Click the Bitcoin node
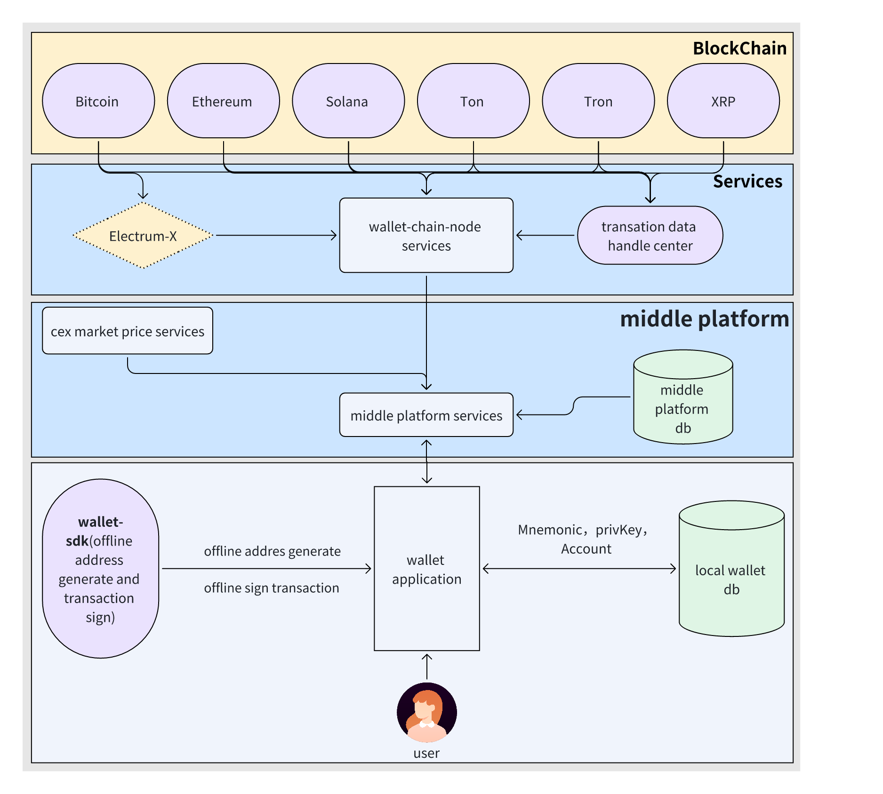[x=98, y=101]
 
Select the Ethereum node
[x=224, y=101]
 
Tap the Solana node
[x=348, y=101]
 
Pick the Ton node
[x=474, y=101]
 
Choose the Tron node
[x=598, y=101]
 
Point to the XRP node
[x=723, y=101]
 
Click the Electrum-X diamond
[x=143, y=235]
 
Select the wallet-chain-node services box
[x=426, y=235]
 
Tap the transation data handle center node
[x=650, y=235]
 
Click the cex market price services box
[x=128, y=331]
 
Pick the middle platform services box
[x=426, y=415]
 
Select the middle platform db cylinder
[x=683, y=397]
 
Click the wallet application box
[x=427, y=569]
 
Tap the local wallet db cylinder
[x=731, y=569]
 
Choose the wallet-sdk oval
[x=101, y=569]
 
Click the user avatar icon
[x=427, y=712]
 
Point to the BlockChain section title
[x=740, y=48]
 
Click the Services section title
[x=748, y=182]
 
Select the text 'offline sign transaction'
[x=272, y=588]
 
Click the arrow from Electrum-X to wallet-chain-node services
[x=276, y=235]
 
